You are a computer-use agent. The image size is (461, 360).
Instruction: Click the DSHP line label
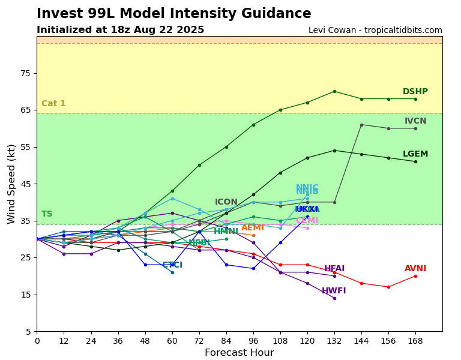415,92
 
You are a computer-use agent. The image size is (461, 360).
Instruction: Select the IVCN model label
415,121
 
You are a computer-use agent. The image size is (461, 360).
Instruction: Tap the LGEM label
415,154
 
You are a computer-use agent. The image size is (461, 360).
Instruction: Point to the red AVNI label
415,269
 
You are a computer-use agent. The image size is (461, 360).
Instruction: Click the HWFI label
334,291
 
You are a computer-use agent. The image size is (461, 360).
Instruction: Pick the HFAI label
334,269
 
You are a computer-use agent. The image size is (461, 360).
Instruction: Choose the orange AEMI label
253,228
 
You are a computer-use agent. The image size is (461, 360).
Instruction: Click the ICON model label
226,202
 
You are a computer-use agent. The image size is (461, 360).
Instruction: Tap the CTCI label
172,265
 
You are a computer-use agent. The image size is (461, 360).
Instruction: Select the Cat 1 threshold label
53,104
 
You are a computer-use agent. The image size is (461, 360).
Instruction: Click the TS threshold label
47,214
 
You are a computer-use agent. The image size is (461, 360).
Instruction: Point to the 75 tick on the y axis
25,73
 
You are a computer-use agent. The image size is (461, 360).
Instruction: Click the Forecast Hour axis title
239,353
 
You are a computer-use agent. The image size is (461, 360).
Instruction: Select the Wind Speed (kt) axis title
12,184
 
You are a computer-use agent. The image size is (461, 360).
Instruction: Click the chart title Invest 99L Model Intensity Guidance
174,14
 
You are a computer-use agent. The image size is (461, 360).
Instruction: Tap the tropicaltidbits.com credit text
375,31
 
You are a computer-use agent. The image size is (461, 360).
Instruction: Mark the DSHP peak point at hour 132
334,91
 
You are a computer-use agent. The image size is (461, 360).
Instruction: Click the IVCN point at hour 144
361,125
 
